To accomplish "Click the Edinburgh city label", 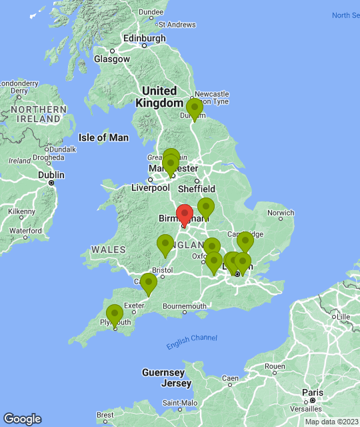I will point(143,38).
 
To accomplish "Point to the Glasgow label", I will point(111,59).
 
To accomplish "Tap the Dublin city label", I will point(51,175).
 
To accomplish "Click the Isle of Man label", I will point(103,137).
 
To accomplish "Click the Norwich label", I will point(280,213).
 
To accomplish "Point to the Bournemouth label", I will point(184,306).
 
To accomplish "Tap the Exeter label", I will point(134,306).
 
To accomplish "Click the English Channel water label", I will point(191,342).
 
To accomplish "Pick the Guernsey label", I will point(163,372).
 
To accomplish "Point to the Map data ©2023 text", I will point(331,422).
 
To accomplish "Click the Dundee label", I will point(151,11).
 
